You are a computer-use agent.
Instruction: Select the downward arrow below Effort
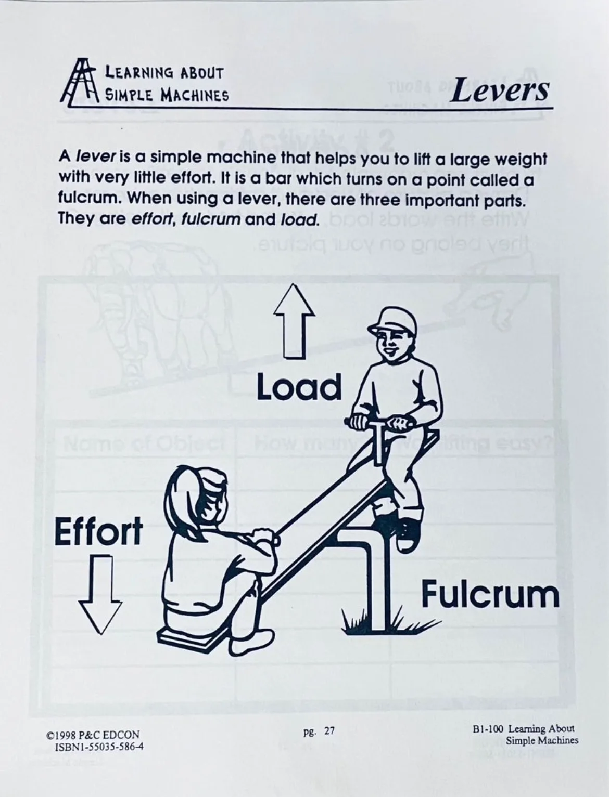[x=100, y=593]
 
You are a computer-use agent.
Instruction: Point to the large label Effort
[x=98, y=531]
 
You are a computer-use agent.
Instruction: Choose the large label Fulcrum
[x=490, y=594]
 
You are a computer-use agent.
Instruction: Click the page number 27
[x=329, y=731]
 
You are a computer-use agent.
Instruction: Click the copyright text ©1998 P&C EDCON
[x=93, y=735]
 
